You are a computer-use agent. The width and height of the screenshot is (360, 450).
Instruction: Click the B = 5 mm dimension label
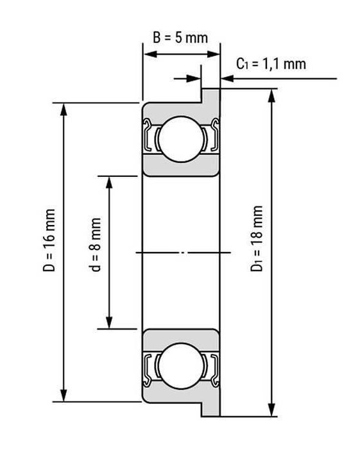pos(180,38)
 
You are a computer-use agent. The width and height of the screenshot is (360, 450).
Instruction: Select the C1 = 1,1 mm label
pos(271,64)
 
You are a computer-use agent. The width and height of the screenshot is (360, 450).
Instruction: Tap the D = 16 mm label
pos(49,240)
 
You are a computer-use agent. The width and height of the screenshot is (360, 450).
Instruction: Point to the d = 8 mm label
pos(95,245)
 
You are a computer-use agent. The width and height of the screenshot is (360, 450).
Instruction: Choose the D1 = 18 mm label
pos(257,238)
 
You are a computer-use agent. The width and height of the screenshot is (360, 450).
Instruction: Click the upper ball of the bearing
pos(182,139)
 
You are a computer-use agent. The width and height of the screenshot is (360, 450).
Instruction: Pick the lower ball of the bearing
pos(182,366)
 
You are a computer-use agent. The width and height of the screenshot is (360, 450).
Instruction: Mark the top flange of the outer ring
pos(210,96)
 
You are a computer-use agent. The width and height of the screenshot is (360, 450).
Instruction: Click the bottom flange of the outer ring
pos(210,409)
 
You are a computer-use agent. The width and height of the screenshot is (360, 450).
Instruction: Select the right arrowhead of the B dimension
pos(213,54)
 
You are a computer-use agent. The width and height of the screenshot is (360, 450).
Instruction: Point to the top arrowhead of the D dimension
pos(64,110)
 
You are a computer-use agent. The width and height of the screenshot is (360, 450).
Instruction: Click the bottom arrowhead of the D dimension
pos(64,395)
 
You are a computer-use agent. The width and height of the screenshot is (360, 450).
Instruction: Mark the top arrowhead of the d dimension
pos(109,183)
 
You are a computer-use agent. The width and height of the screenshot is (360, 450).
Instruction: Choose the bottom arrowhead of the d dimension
pos(109,322)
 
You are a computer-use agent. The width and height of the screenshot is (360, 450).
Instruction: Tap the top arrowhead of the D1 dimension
pos(271,96)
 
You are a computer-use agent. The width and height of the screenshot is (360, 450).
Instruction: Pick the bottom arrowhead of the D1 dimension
pos(271,410)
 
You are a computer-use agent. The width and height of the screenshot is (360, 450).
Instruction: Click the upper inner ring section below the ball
pos(182,167)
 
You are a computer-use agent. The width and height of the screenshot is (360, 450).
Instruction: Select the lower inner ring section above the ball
pos(182,338)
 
